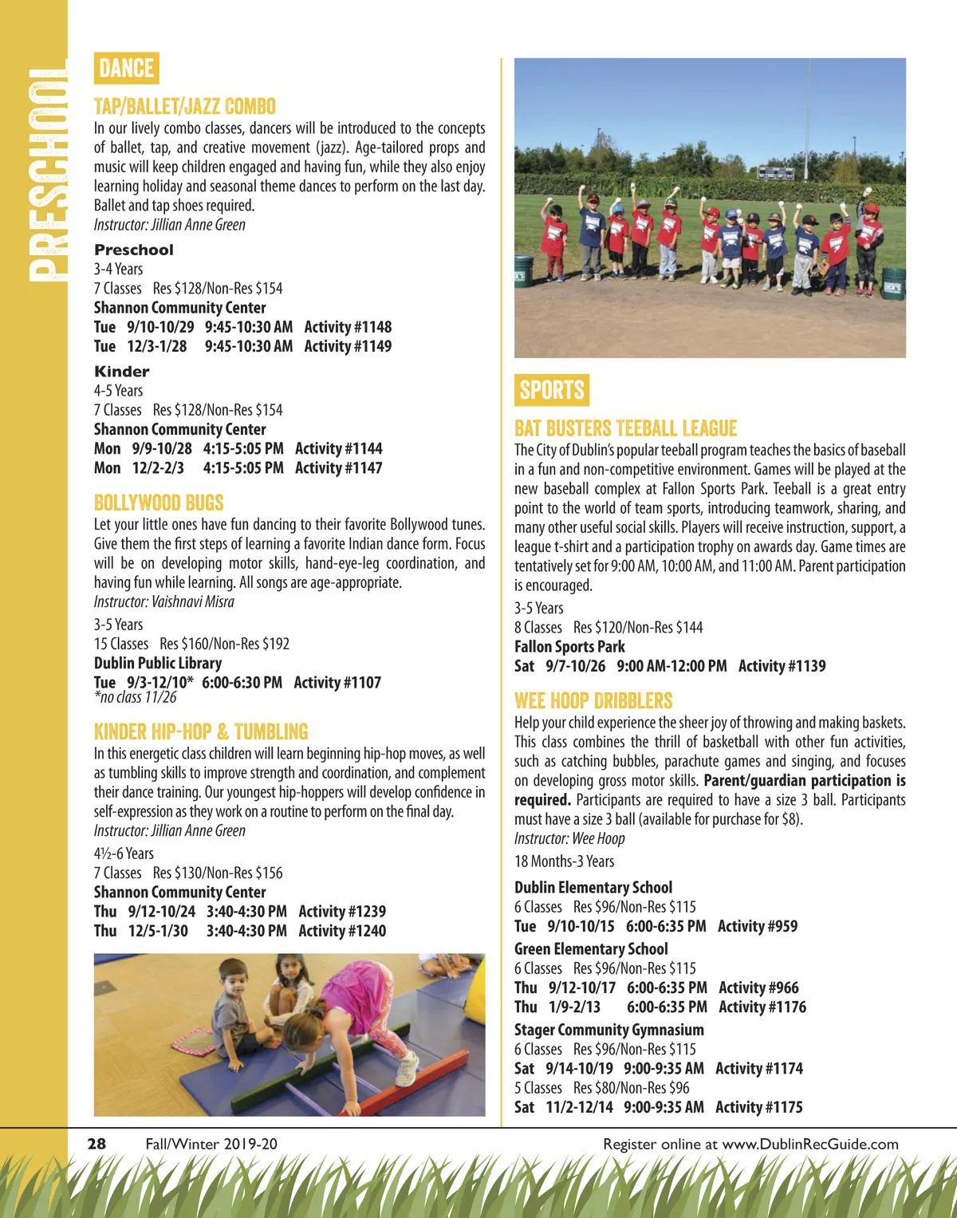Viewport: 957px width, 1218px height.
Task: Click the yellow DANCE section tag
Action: [126, 68]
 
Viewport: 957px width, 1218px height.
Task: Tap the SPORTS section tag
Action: [551, 390]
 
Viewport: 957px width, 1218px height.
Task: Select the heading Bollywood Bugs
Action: [159, 503]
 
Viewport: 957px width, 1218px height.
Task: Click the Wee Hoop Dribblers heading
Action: [593, 701]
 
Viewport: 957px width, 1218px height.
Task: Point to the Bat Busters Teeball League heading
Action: [625, 428]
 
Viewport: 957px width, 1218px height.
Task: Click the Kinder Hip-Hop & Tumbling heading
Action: [201, 731]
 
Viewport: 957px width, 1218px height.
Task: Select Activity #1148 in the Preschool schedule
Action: [348, 327]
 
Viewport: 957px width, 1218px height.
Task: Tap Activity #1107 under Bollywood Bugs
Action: [337, 683]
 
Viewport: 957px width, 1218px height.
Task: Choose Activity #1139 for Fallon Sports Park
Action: [782, 666]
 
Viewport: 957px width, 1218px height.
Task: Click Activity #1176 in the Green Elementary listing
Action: [762, 1007]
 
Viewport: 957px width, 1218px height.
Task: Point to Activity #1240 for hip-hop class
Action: [342, 931]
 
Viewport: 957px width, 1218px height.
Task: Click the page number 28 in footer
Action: [96, 1144]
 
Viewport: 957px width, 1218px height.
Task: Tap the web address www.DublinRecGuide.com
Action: [810, 1144]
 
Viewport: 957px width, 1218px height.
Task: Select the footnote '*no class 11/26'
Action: [136, 697]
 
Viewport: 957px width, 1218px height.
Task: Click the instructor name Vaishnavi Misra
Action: [193, 601]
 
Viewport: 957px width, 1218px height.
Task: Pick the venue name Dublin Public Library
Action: [158, 663]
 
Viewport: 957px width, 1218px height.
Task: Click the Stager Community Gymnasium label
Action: [609, 1030]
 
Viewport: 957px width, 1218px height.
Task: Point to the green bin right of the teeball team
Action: [893, 282]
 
